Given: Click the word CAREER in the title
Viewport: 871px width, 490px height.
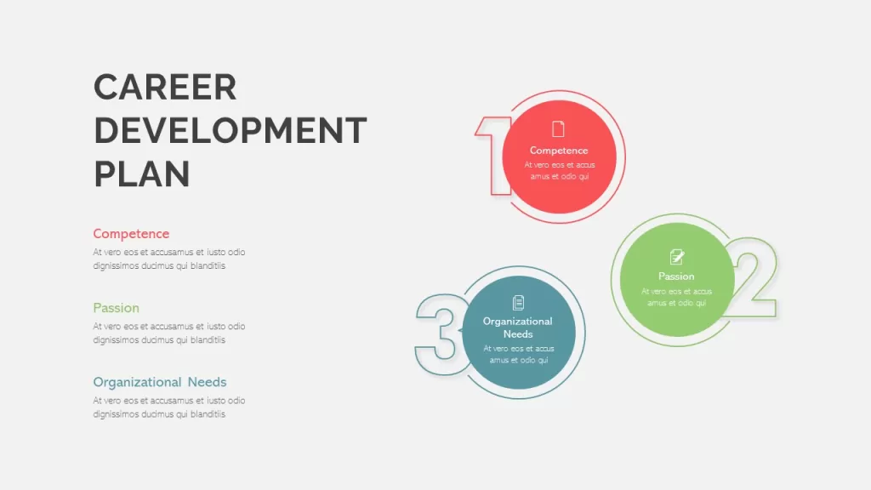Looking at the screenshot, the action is [x=165, y=88].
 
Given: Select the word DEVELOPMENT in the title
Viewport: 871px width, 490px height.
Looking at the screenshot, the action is [x=230, y=130].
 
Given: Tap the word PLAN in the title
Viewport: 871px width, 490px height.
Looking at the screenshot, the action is [x=142, y=174].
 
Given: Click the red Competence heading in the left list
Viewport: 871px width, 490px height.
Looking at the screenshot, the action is [x=131, y=233].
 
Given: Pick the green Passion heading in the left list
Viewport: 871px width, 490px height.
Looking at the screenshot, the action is [x=116, y=308].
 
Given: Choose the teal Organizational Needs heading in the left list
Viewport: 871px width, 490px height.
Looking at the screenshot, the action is [x=160, y=382].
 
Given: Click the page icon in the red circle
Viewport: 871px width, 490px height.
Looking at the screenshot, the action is [x=558, y=129].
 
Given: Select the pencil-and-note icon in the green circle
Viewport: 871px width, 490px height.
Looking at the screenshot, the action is [x=676, y=257].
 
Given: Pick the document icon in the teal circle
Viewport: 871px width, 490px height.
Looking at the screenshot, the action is [x=518, y=303].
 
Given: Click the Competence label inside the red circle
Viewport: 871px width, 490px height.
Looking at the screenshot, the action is [x=559, y=151].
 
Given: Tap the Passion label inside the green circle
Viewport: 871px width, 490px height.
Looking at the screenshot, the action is [x=676, y=276].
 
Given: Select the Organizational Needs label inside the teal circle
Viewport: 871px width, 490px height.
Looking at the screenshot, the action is [x=518, y=328].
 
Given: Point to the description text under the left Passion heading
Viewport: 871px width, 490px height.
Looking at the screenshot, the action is [x=169, y=333].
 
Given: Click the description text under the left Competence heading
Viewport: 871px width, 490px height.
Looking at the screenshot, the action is [x=169, y=259].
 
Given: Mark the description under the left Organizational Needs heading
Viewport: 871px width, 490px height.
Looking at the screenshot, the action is [x=169, y=407].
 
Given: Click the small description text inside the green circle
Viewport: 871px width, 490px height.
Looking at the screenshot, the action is [x=676, y=297].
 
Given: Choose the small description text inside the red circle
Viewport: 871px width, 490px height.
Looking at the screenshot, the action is [x=560, y=170].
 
